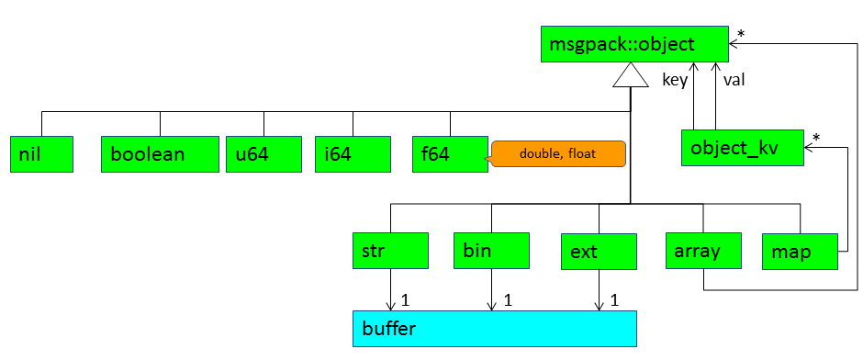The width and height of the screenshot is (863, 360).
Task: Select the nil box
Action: tap(41, 153)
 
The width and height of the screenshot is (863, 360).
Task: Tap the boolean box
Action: tap(160, 153)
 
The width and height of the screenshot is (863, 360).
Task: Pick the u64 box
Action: tap(263, 153)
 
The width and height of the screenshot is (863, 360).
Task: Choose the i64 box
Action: tap(352, 153)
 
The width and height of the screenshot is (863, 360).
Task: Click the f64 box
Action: tap(450, 153)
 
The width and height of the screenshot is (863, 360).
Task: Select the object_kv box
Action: tap(743, 147)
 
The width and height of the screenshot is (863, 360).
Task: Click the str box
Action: tap(390, 251)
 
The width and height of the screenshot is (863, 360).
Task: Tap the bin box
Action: tap(491, 251)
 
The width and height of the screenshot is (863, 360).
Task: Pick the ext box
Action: tap(599, 251)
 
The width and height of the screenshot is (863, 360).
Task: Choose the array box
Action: tap(703, 251)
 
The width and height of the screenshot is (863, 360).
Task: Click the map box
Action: tap(800, 251)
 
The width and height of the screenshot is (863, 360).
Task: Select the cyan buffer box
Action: tap(494, 328)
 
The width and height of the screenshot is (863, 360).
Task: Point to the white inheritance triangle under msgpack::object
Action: tap(629, 77)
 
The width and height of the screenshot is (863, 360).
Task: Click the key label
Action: tap(675, 80)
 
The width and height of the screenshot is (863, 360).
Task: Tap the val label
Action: tap(734, 80)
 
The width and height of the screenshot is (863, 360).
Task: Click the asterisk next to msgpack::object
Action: tap(741, 33)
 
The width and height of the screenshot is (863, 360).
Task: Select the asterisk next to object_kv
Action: tap(816, 138)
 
